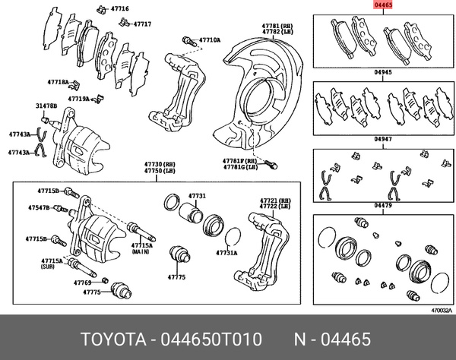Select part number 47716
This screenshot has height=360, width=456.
click(119, 8)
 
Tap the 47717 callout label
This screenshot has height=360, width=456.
click(142, 24)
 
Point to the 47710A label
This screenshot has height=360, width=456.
click(210, 39)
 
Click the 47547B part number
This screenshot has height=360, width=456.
click(40, 207)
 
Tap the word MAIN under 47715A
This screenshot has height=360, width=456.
click(141, 253)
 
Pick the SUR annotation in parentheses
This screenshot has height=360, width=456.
click(50, 268)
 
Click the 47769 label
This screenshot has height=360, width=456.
click(82, 283)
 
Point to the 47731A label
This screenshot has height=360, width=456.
click(226, 253)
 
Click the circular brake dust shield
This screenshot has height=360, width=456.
click(262, 106)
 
